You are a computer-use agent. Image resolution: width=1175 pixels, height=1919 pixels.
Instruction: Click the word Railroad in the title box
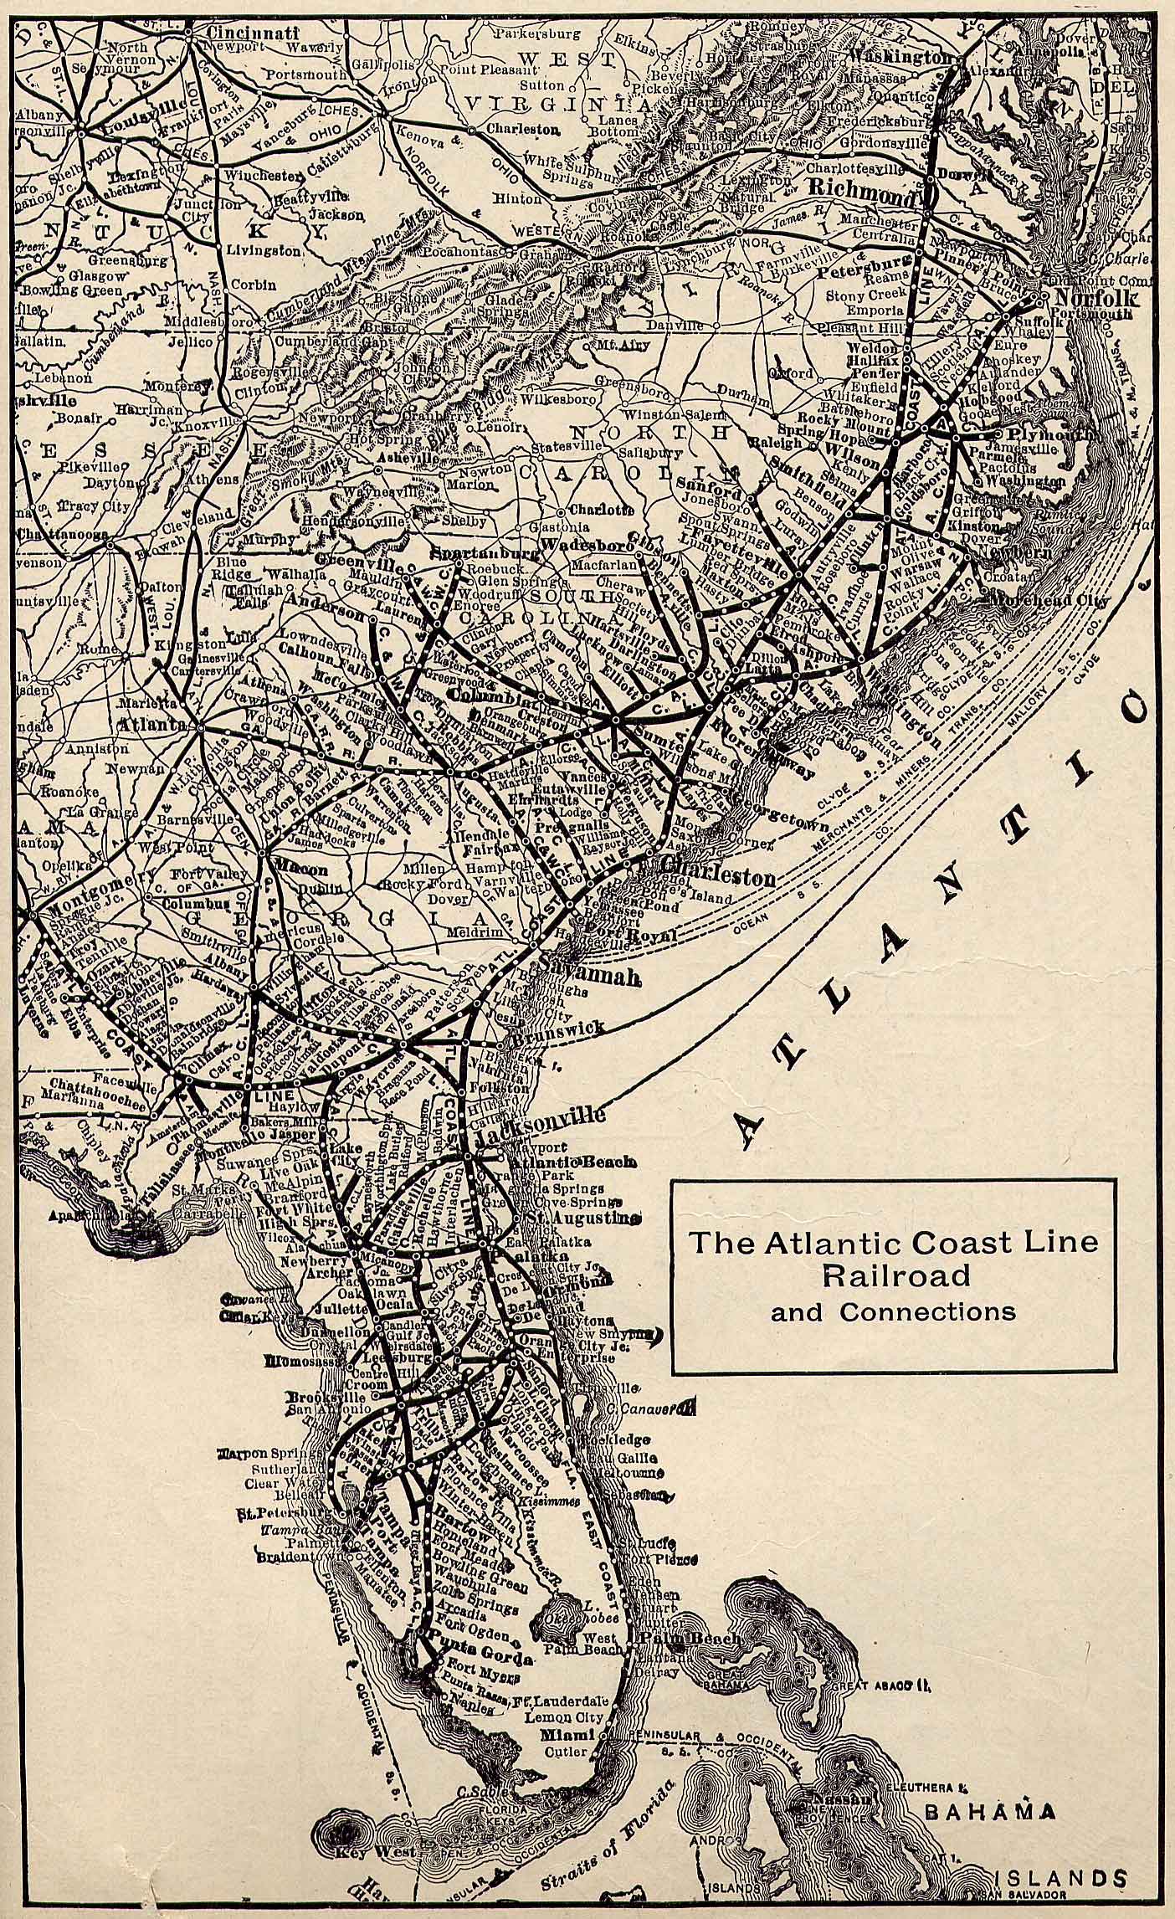[895, 1275]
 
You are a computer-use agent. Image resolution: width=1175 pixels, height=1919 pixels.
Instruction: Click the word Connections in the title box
[927, 1311]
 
